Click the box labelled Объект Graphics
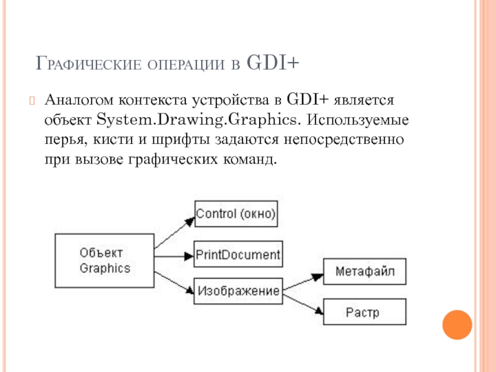click(x=105, y=260)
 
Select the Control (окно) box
click(x=236, y=214)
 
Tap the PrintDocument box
click(x=238, y=255)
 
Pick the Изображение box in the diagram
click(x=238, y=290)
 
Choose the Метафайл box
click(x=365, y=272)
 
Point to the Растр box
click(x=365, y=311)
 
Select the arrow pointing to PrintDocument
click(x=174, y=255)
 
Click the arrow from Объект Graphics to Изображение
click(x=174, y=278)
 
